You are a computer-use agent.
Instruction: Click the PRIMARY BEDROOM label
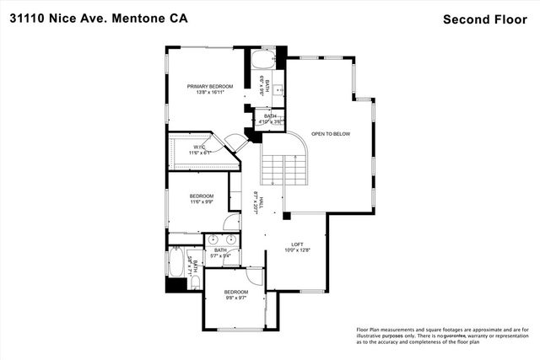(x=210, y=86)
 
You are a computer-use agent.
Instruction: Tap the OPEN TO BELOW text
(x=331, y=133)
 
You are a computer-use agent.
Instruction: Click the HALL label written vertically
(x=262, y=203)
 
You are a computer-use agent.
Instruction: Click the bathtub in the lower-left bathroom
(x=176, y=266)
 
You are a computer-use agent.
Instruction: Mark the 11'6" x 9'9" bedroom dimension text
(x=207, y=202)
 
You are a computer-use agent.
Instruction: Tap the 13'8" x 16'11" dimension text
(x=210, y=92)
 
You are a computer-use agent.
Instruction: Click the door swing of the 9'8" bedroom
(x=256, y=276)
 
